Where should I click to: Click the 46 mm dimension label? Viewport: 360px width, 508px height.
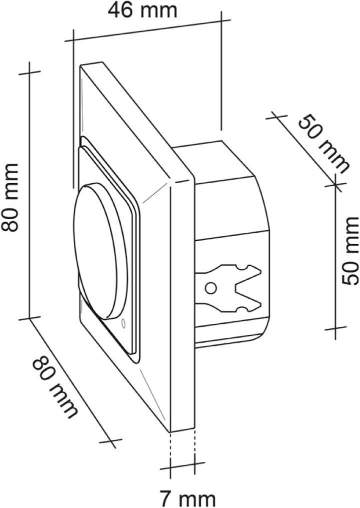[x=143, y=11]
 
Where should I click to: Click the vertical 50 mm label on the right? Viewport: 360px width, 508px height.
[x=350, y=251]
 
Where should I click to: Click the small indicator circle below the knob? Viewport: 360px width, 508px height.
[x=123, y=323]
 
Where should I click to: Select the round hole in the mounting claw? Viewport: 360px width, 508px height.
[x=211, y=287]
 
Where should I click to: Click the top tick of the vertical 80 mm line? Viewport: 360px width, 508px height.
[x=30, y=72]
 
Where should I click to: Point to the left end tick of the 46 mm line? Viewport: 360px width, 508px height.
[x=74, y=40]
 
